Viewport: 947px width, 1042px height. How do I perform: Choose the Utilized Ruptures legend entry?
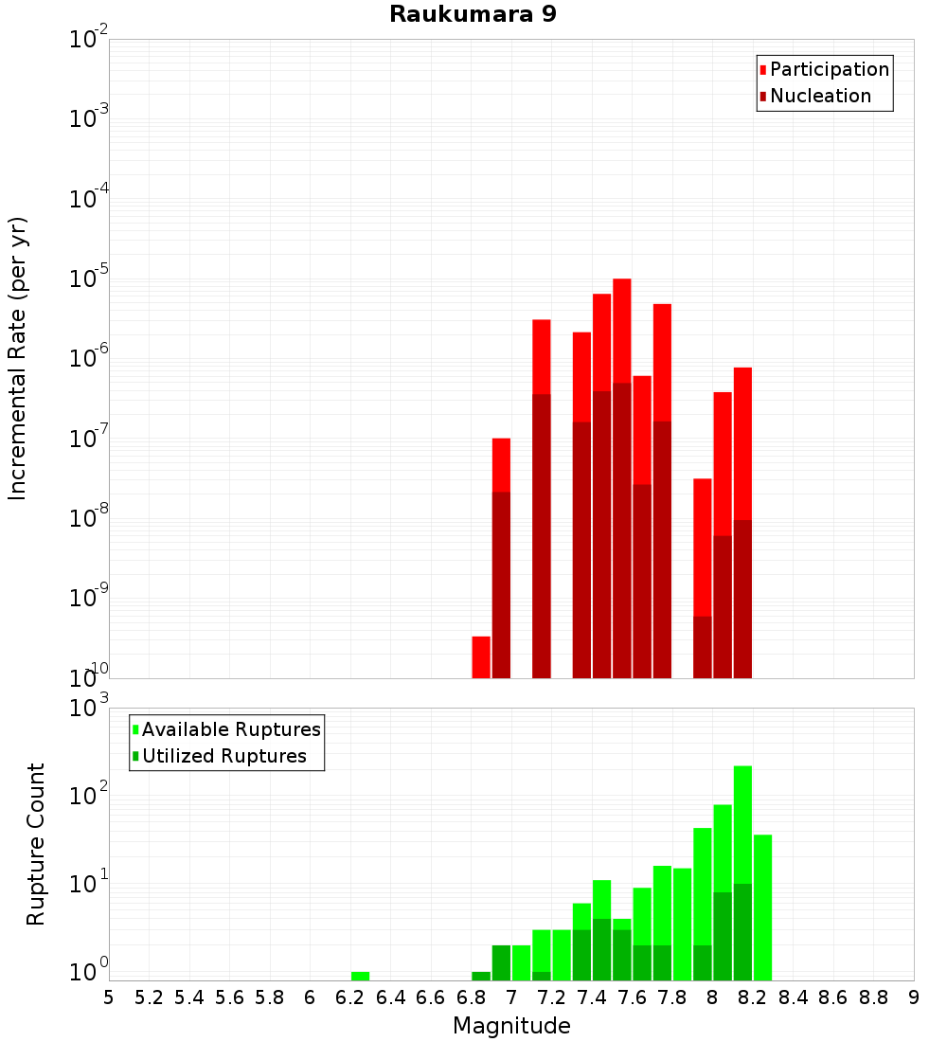click(x=223, y=756)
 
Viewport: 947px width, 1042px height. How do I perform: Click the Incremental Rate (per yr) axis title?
click(x=18, y=358)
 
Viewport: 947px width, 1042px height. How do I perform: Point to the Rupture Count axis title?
click(x=36, y=844)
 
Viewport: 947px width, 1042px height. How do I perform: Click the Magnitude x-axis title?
click(x=511, y=1025)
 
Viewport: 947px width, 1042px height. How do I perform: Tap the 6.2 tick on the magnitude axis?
click(x=350, y=997)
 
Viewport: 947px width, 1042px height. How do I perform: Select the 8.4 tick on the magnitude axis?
click(x=794, y=997)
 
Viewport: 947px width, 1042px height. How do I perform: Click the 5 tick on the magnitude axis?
click(x=109, y=997)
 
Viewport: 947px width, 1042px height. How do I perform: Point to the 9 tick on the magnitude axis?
click(x=914, y=997)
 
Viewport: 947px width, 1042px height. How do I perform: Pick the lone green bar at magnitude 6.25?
click(x=360, y=976)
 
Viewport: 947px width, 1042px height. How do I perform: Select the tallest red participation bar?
click(x=622, y=332)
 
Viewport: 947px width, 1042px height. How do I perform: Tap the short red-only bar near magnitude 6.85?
click(x=481, y=656)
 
